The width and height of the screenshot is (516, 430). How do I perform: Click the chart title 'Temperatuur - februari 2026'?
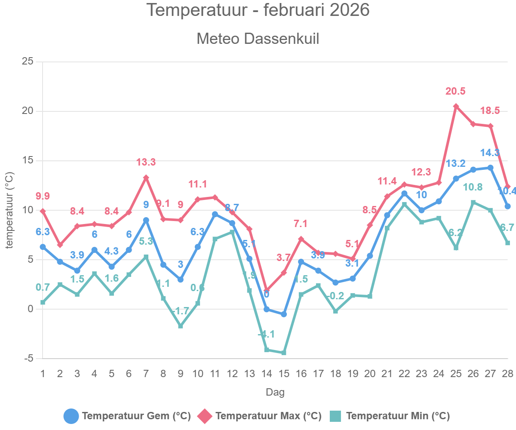258,10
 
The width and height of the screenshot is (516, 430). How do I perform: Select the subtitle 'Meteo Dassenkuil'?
258,39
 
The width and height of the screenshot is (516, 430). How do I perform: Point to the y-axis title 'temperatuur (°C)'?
9,210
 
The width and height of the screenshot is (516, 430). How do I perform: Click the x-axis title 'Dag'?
275,392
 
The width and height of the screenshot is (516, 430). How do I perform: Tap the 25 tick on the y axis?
28,61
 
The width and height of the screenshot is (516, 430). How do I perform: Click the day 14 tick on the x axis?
267,373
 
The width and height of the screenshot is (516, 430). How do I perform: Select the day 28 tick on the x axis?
507,373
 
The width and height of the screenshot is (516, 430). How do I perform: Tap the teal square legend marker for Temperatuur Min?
335,416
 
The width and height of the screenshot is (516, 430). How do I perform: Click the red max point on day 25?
456,106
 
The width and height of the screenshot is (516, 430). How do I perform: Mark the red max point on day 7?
146,178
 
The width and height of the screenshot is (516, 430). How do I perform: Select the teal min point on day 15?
284,353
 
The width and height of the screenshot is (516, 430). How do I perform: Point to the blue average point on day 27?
490,168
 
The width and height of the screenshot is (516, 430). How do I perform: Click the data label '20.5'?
456,91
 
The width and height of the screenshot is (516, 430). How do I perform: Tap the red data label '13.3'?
146,163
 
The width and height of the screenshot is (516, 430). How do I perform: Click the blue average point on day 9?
181,279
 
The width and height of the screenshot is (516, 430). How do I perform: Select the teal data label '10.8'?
473,187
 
